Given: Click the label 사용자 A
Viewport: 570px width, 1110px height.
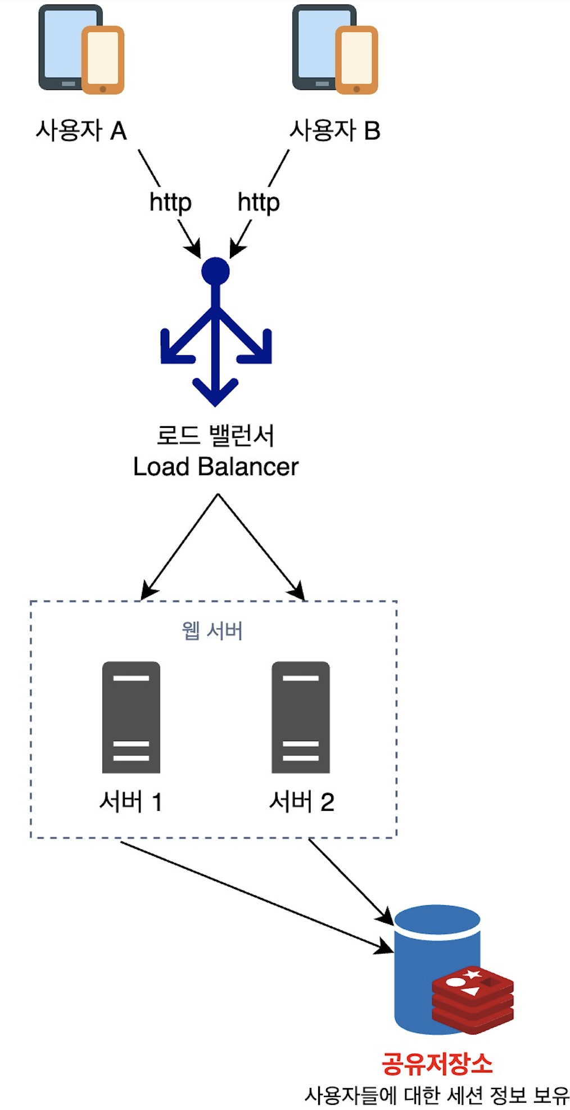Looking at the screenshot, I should (x=81, y=130).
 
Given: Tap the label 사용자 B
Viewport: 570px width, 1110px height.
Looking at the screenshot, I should (x=335, y=130).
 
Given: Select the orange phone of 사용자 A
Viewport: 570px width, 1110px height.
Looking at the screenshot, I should (x=103, y=60).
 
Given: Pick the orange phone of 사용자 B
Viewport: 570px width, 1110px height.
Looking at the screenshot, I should (x=356, y=60).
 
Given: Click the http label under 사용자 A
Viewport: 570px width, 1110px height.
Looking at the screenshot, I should (x=170, y=202).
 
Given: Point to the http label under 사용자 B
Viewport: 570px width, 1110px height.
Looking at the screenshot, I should (x=259, y=202).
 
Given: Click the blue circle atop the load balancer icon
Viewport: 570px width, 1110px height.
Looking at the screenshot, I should (x=215, y=271).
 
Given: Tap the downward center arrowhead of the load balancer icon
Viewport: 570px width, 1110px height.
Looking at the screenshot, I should (x=215, y=391).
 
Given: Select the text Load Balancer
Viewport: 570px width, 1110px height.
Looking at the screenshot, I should (x=215, y=467).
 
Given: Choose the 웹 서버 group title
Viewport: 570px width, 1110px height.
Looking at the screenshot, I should (x=212, y=631).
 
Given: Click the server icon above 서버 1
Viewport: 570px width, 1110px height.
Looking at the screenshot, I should (x=131, y=717).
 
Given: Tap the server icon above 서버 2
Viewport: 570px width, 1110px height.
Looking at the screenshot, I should (x=301, y=717).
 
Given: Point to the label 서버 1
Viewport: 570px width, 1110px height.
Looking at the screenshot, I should (x=131, y=801).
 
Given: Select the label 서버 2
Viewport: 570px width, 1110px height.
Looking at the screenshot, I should (x=302, y=801).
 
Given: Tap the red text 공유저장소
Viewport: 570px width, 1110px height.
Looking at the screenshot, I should (x=437, y=1063).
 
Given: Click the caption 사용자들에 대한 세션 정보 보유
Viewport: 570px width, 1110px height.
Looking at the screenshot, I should (x=437, y=1095).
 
